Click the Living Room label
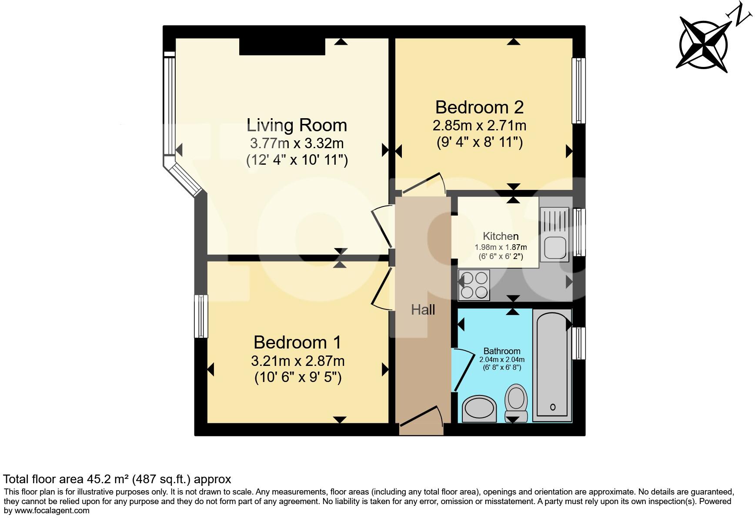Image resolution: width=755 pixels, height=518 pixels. pyautogui.click(x=297, y=125)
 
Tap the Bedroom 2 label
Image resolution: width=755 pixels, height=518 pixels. pyautogui.click(x=479, y=107)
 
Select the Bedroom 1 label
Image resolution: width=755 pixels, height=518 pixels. pyautogui.click(x=297, y=342)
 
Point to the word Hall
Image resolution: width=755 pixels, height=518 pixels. pyautogui.click(x=423, y=310)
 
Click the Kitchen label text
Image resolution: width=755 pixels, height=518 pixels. pyautogui.click(x=501, y=236)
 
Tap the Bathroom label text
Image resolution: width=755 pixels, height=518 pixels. pyautogui.click(x=502, y=351)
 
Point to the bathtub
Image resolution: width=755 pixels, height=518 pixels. pyautogui.click(x=552, y=365)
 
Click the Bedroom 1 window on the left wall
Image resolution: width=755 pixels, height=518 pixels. pyautogui.click(x=200, y=316)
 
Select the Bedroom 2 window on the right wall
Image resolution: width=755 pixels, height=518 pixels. pyautogui.click(x=578, y=91)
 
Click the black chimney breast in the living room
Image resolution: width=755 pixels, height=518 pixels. pyautogui.click(x=282, y=46)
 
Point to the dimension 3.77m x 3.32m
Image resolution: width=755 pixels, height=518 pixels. pyautogui.click(x=297, y=143)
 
